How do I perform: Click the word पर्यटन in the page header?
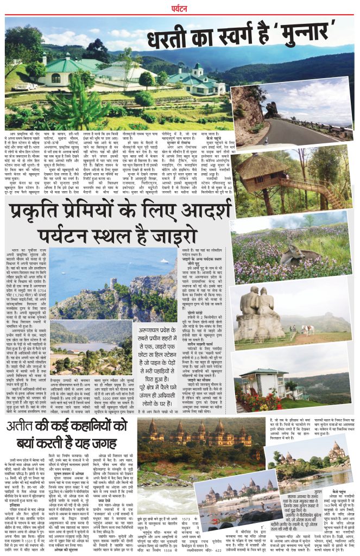click(179, 8)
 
